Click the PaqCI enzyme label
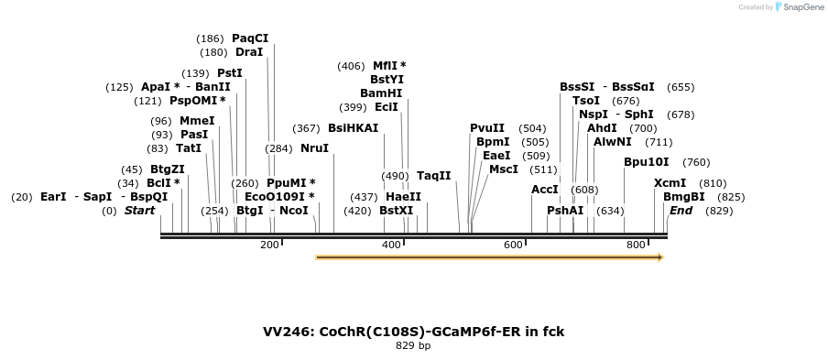249,38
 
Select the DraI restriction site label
249,52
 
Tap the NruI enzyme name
314,148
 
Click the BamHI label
381,93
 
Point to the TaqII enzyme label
434,176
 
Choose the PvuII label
487,128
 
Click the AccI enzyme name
545,190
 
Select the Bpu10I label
641,162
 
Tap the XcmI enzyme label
670,183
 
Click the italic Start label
139,211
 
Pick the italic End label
681,211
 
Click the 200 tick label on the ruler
269,245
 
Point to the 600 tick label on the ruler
513,245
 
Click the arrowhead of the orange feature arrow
659,257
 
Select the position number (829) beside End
719,211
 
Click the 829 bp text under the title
413,346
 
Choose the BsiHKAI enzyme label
353,128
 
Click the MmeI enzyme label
197,121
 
